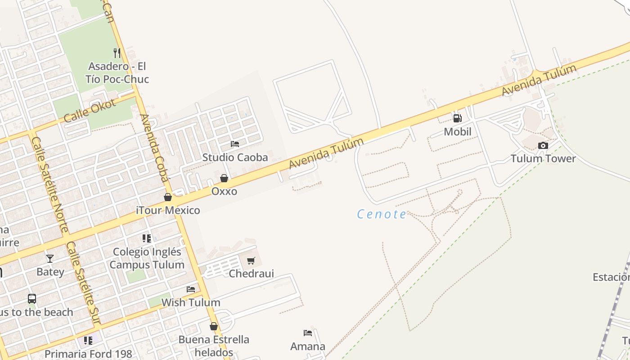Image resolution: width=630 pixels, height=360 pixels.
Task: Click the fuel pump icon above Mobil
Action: click(x=457, y=118)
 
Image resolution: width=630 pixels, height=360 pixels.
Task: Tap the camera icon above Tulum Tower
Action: click(x=543, y=145)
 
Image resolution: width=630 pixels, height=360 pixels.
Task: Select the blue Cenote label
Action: click(x=382, y=214)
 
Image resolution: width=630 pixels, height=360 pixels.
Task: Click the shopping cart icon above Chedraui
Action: click(x=251, y=261)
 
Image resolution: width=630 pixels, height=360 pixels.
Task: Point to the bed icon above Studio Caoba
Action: click(x=235, y=144)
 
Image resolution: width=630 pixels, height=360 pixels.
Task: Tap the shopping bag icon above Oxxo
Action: click(x=224, y=178)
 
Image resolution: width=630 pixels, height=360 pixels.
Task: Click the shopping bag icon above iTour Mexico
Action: click(x=168, y=197)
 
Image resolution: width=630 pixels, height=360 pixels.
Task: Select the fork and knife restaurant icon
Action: click(x=117, y=53)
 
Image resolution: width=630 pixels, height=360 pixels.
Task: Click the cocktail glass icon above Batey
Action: click(x=50, y=259)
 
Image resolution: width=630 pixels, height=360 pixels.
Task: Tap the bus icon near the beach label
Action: click(x=32, y=298)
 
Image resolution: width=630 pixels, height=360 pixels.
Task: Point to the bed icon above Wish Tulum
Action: click(x=191, y=289)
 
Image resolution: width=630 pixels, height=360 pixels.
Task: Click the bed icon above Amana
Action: click(x=308, y=333)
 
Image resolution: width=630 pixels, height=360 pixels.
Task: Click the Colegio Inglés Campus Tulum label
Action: click(x=147, y=258)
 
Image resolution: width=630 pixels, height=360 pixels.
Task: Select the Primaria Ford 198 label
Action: click(x=88, y=354)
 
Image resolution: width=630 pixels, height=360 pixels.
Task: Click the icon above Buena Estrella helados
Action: click(x=214, y=326)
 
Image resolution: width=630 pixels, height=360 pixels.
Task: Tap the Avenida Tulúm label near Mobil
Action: click(x=539, y=80)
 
